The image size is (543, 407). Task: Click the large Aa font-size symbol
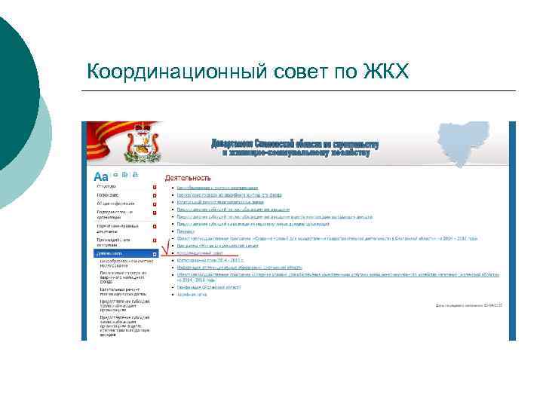[x=101, y=176]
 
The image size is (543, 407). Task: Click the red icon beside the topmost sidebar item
[x=155, y=186]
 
